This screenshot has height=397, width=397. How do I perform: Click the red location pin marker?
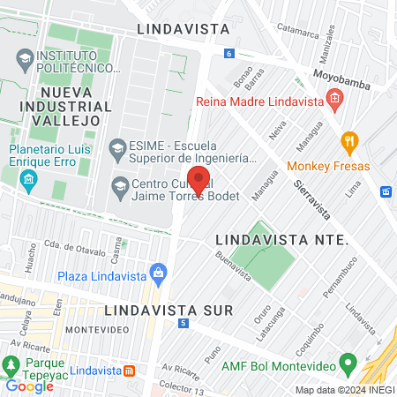[198, 179]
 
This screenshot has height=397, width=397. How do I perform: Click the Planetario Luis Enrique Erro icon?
[28, 180]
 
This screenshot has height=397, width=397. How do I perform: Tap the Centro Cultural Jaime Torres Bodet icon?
[118, 186]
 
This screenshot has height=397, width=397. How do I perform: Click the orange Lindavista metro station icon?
[129, 371]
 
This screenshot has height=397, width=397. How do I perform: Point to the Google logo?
[29, 386]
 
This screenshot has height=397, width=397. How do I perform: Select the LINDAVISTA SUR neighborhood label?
[168, 311]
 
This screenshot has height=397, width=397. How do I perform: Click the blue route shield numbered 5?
[183, 325]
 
